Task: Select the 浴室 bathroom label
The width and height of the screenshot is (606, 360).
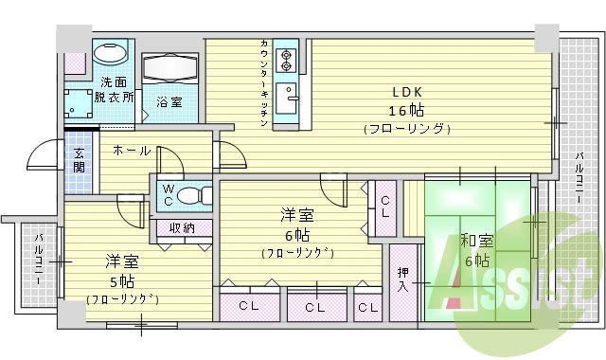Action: (169, 101)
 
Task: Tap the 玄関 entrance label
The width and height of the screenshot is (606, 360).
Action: (79, 159)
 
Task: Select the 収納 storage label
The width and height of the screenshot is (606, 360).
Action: (183, 227)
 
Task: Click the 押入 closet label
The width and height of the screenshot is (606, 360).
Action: (403, 279)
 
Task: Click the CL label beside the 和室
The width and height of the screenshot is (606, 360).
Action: (386, 205)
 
